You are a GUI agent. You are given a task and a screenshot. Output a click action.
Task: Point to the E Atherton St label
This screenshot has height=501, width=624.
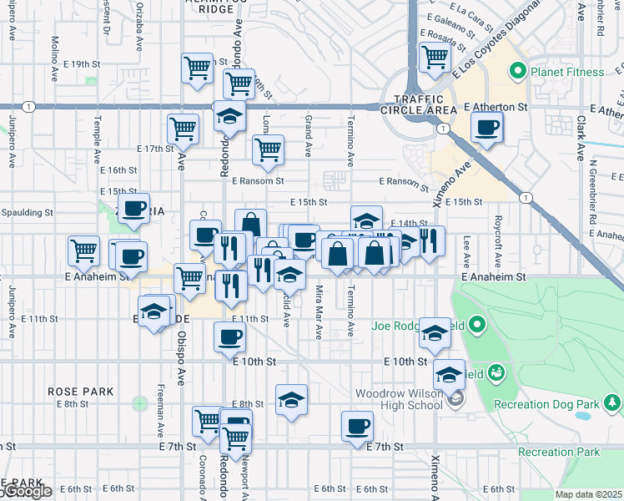[x=496, y=108]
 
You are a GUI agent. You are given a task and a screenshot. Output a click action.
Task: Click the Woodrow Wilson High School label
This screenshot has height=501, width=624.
[x=398, y=399]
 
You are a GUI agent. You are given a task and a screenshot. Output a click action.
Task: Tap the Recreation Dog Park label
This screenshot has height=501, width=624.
[x=546, y=405]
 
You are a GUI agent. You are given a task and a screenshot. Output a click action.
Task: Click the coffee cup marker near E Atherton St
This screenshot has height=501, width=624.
[x=486, y=128]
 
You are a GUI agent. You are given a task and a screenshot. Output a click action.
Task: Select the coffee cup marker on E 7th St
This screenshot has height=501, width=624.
[x=357, y=426]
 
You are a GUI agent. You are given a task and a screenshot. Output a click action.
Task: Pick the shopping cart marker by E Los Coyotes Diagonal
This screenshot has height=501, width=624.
[x=435, y=57]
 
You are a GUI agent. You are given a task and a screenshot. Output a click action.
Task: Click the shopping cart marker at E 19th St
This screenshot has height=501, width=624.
[x=198, y=68]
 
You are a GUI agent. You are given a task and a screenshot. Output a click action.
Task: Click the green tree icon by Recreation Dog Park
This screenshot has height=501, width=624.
[x=613, y=405]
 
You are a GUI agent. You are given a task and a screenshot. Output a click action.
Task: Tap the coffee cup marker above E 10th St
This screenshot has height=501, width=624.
[x=229, y=337]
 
